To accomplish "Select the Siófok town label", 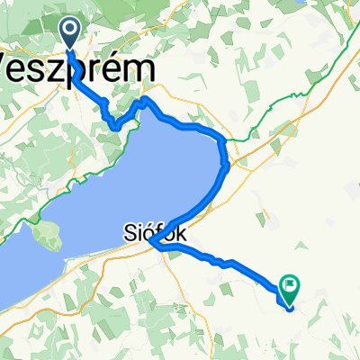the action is [x=153, y=232].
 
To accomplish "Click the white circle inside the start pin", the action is [x=71, y=30].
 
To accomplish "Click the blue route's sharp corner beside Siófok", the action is [x=152, y=243].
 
